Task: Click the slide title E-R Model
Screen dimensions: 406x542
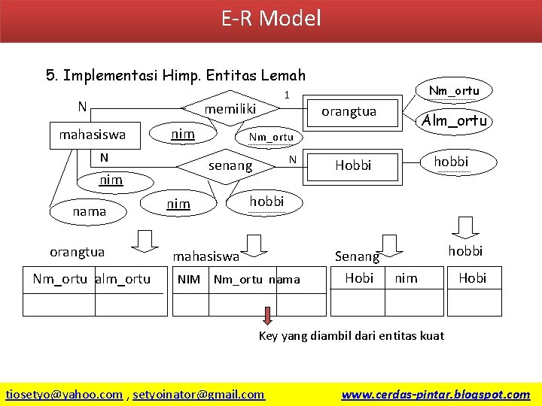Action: pyautogui.click(x=271, y=18)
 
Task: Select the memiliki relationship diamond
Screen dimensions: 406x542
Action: pyautogui.click(x=231, y=109)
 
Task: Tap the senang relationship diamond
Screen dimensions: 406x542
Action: pyautogui.click(x=230, y=165)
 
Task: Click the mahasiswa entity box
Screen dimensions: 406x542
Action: pyautogui.click(x=93, y=135)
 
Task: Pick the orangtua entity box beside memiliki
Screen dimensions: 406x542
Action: pyautogui.click(x=349, y=111)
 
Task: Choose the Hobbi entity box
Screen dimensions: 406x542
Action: pyautogui.click(x=353, y=165)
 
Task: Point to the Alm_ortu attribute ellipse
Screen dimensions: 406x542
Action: pyautogui.click(x=454, y=120)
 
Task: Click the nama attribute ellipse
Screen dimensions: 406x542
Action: pyautogui.click(x=89, y=211)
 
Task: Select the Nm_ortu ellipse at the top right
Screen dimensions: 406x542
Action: pyautogui.click(x=453, y=91)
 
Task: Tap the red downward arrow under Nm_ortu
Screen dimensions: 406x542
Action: pyautogui.click(x=267, y=314)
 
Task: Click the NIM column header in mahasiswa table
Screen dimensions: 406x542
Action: pyautogui.click(x=189, y=280)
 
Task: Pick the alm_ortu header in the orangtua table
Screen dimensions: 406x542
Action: pyautogui.click(x=123, y=280)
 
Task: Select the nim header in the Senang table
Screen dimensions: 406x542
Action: pyautogui.click(x=406, y=278)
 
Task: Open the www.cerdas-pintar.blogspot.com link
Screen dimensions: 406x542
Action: pyautogui.click(x=436, y=394)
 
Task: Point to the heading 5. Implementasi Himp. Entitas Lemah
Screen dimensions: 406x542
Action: pyautogui.click(x=175, y=75)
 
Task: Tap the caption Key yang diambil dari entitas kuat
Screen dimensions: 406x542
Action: pyautogui.click(x=352, y=335)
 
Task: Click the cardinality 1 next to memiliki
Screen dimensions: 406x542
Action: pyautogui.click(x=286, y=95)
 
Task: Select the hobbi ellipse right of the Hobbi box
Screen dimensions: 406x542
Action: pyautogui.click(x=451, y=161)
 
